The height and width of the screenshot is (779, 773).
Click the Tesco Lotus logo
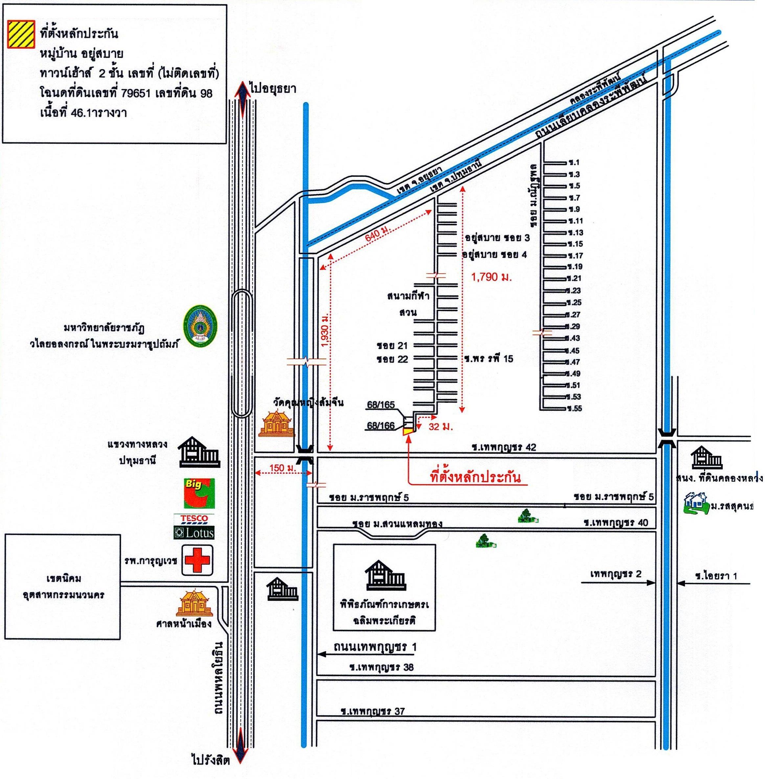pyautogui.click(x=193, y=526)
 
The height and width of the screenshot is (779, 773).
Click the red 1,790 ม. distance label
pyautogui.click(x=491, y=277)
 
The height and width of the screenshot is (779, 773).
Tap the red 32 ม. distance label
pyautogui.click(x=441, y=427)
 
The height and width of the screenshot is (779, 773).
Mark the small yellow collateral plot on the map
pyautogui.click(x=408, y=431)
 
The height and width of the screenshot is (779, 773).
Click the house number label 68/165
pyautogui.click(x=381, y=405)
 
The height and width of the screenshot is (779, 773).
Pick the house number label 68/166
pyautogui.click(x=381, y=425)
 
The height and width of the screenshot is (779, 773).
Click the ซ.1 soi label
pyautogui.click(x=573, y=162)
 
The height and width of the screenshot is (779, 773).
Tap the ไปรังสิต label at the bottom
pyautogui.click(x=211, y=761)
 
